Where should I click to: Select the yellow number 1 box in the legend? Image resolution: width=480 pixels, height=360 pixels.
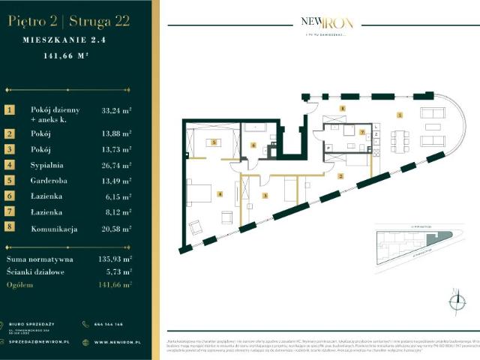point(10,109)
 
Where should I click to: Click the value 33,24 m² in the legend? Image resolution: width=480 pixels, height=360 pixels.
point(116,109)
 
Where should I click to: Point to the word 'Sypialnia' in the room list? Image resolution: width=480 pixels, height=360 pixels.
point(47,165)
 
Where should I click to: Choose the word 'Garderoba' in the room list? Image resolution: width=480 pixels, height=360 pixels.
point(49,181)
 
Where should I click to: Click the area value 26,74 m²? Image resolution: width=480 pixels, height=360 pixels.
point(116,165)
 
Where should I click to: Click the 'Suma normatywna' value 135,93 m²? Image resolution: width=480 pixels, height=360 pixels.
point(115,257)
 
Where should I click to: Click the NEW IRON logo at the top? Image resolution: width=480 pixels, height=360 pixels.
point(323,23)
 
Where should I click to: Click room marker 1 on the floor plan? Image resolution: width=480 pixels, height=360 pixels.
point(400,115)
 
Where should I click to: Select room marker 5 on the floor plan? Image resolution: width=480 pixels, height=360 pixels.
point(214,142)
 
